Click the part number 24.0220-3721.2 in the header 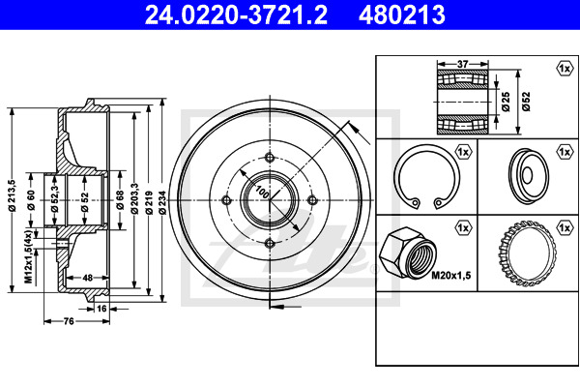tap(236, 15)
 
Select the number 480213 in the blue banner tap(402, 15)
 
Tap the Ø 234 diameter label tap(162, 202)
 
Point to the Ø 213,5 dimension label tap(12, 195)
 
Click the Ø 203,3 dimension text tap(134, 198)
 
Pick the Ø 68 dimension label tap(120, 200)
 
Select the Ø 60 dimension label tap(31, 200)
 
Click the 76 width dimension tap(69, 321)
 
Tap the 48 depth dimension tap(87, 278)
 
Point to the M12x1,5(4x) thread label tap(28, 256)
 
